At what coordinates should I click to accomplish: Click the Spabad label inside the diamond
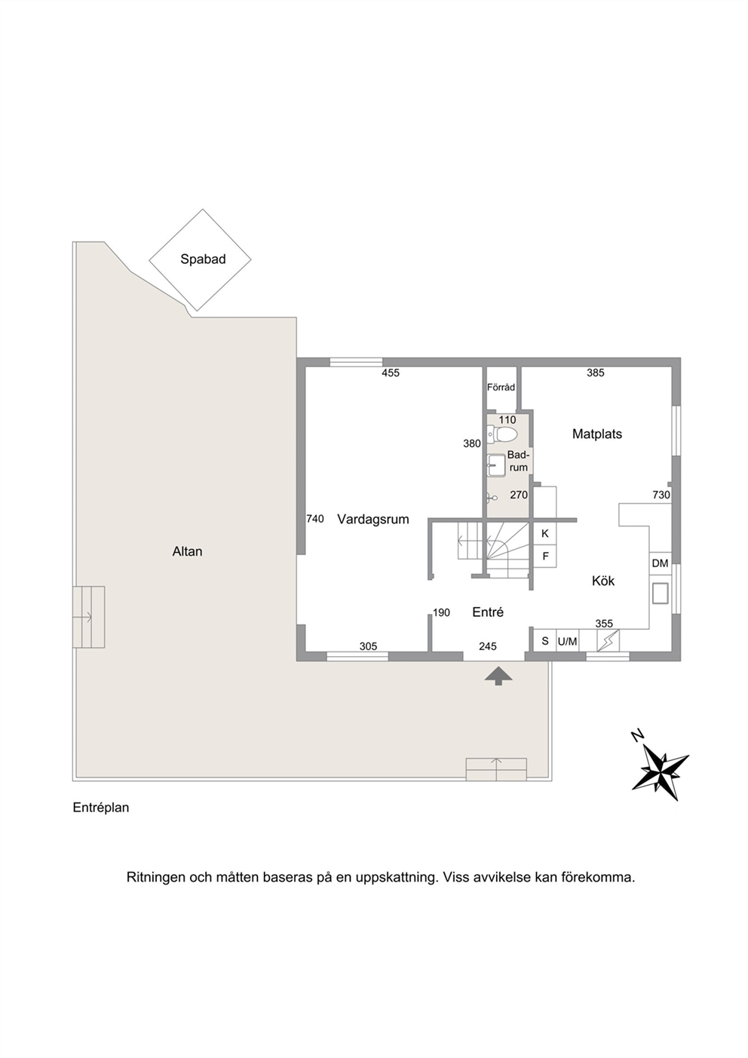[x=203, y=259]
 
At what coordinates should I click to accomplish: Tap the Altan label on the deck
[x=188, y=551]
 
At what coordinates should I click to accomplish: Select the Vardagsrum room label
[x=373, y=520]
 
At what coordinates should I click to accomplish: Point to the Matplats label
[x=597, y=434]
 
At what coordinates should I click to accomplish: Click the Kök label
[x=603, y=581]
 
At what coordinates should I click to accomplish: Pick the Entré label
[x=488, y=612]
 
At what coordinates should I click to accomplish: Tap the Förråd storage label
[x=501, y=388]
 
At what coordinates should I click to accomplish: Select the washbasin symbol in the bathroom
[x=496, y=466]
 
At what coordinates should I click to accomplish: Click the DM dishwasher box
[x=661, y=563]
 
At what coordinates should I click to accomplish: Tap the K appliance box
[x=545, y=534]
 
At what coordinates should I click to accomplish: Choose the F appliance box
[x=545, y=557]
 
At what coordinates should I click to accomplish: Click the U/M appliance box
[x=568, y=641]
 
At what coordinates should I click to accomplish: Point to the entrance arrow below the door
[x=498, y=676]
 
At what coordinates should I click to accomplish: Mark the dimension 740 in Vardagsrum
[x=315, y=519]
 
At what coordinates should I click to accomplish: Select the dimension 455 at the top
[x=391, y=373]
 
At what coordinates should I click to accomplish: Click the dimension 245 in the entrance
[x=488, y=646]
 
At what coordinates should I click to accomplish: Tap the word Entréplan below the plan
[x=100, y=808]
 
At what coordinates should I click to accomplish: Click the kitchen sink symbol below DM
[x=661, y=593]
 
